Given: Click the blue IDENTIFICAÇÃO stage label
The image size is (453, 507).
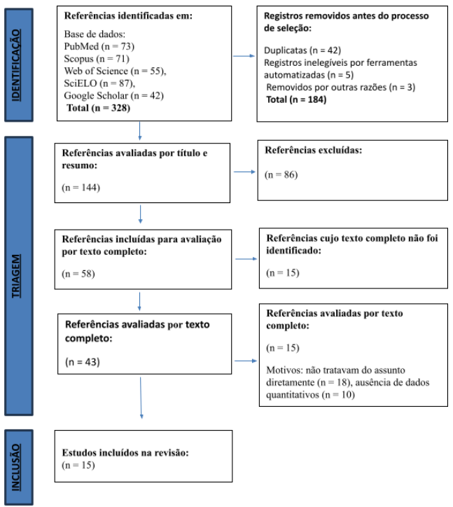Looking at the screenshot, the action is pos(19,65).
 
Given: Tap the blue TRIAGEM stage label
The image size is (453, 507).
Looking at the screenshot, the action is pos(19,276).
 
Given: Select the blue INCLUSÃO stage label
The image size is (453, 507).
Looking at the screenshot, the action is pos(19,467).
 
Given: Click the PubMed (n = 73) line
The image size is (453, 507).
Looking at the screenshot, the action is pos(99,46).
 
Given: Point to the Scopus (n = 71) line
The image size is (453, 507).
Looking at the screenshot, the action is pos(97,59).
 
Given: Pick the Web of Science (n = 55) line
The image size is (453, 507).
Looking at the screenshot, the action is pos(115,71).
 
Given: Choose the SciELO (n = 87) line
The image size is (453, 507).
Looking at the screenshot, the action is pos(99,83).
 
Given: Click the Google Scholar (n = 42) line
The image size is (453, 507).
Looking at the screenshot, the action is pos(113,96).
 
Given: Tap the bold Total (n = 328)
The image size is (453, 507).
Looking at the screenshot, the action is pos(98,108).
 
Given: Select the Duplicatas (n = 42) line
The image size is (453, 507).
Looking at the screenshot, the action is pos(302,50).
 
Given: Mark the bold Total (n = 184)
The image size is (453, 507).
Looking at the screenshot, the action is pos(296,99).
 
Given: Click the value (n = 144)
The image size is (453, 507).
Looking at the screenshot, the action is pos(81,188).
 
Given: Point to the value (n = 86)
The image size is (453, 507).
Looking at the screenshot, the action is pos(281,175).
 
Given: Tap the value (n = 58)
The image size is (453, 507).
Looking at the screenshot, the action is pos(78,274).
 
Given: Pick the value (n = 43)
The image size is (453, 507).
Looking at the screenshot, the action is pos(83,362).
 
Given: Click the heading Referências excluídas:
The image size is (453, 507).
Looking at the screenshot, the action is pos(313,151).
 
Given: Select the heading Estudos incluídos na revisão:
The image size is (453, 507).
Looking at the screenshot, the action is pos(125,452).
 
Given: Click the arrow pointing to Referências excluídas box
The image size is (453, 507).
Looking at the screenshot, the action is pos(244,172).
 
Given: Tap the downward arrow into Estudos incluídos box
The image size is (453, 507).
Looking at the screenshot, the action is pos(141,398).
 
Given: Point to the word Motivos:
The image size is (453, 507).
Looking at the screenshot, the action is pos(284,370).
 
